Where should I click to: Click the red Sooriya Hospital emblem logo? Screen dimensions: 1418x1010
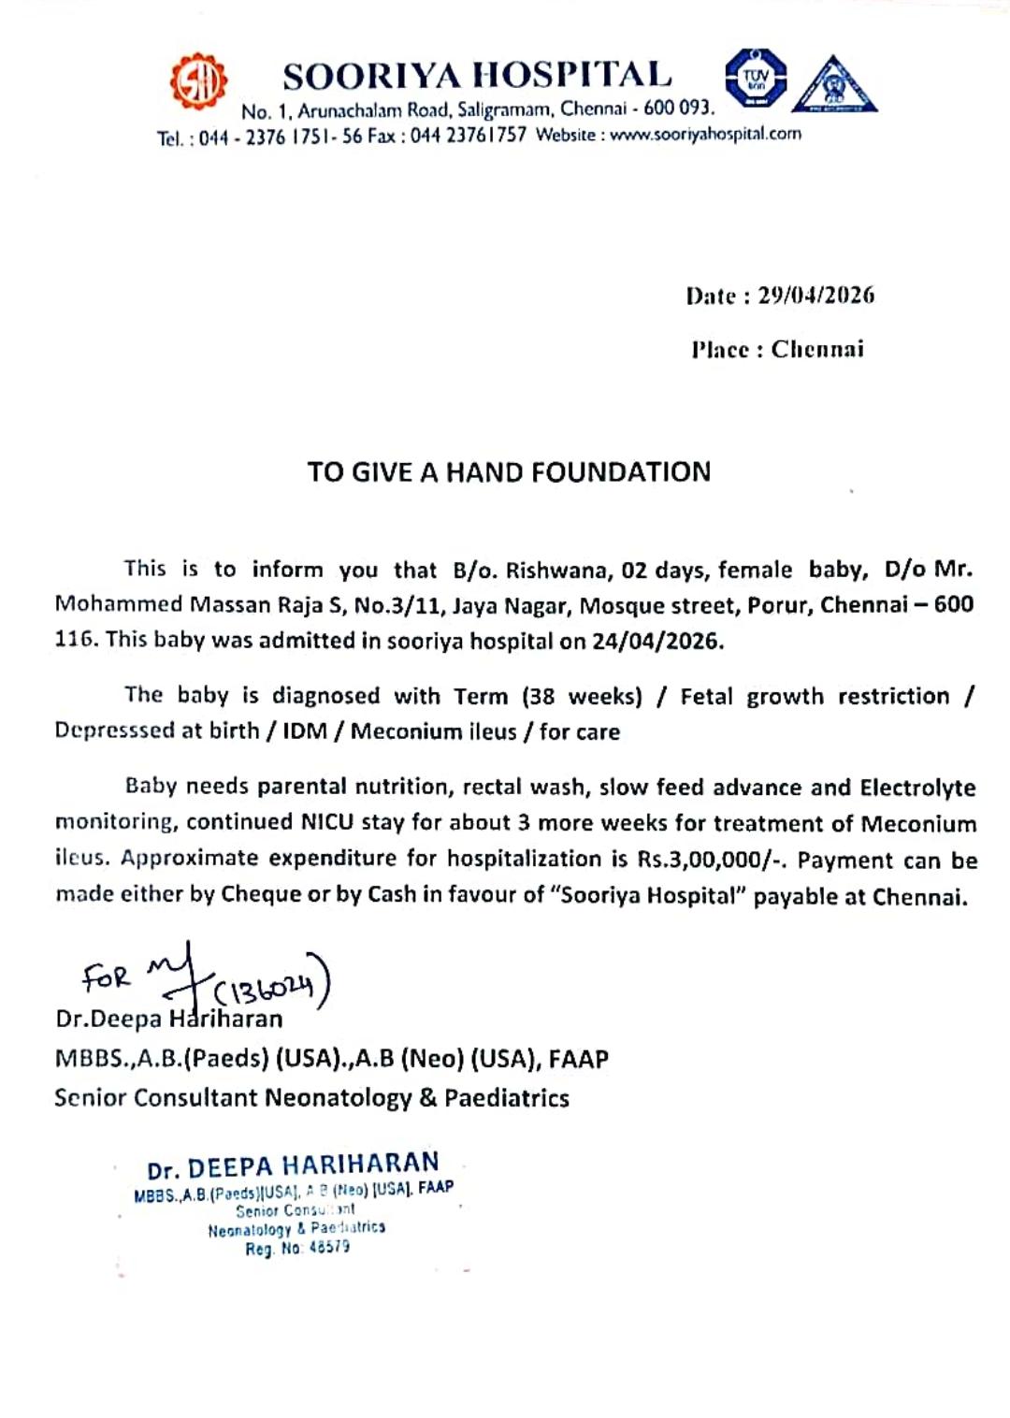pyautogui.click(x=198, y=80)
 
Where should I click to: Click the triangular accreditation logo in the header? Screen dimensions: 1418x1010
pyautogui.click(x=834, y=85)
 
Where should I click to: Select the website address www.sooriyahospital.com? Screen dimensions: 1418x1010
pyautogui.click(x=705, y=134)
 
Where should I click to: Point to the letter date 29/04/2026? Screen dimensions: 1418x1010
pyautogui.click(x=815, y=296)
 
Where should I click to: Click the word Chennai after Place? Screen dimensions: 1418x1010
pyautogui.click(x=817, y=350)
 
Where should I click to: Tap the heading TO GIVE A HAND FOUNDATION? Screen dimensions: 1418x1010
pyautogui.click(x=509, y=471)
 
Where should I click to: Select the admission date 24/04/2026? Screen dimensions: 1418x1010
pyautogui.click(x=657, y=641)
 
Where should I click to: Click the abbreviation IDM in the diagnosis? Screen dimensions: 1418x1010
pyautogui.click(x=305, y=731)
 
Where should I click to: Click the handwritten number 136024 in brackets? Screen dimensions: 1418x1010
pyautogui.click(x=271, y=986)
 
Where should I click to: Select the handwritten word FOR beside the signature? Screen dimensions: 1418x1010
pyautogui.click(x=106, y=977)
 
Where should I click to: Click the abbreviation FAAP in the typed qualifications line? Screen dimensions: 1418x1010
pyautogui.click(x=578, y=1059)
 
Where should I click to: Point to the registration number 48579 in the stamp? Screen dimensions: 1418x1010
pyautogui.click(x=329, y=1248)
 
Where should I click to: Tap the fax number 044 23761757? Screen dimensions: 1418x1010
pyautogui.click(x=469, y=136)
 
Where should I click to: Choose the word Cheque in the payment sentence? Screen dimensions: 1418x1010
pyautogui.click(x=261, y=895)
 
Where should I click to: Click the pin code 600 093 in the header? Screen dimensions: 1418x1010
pyautogui.click(x=677, y=109)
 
